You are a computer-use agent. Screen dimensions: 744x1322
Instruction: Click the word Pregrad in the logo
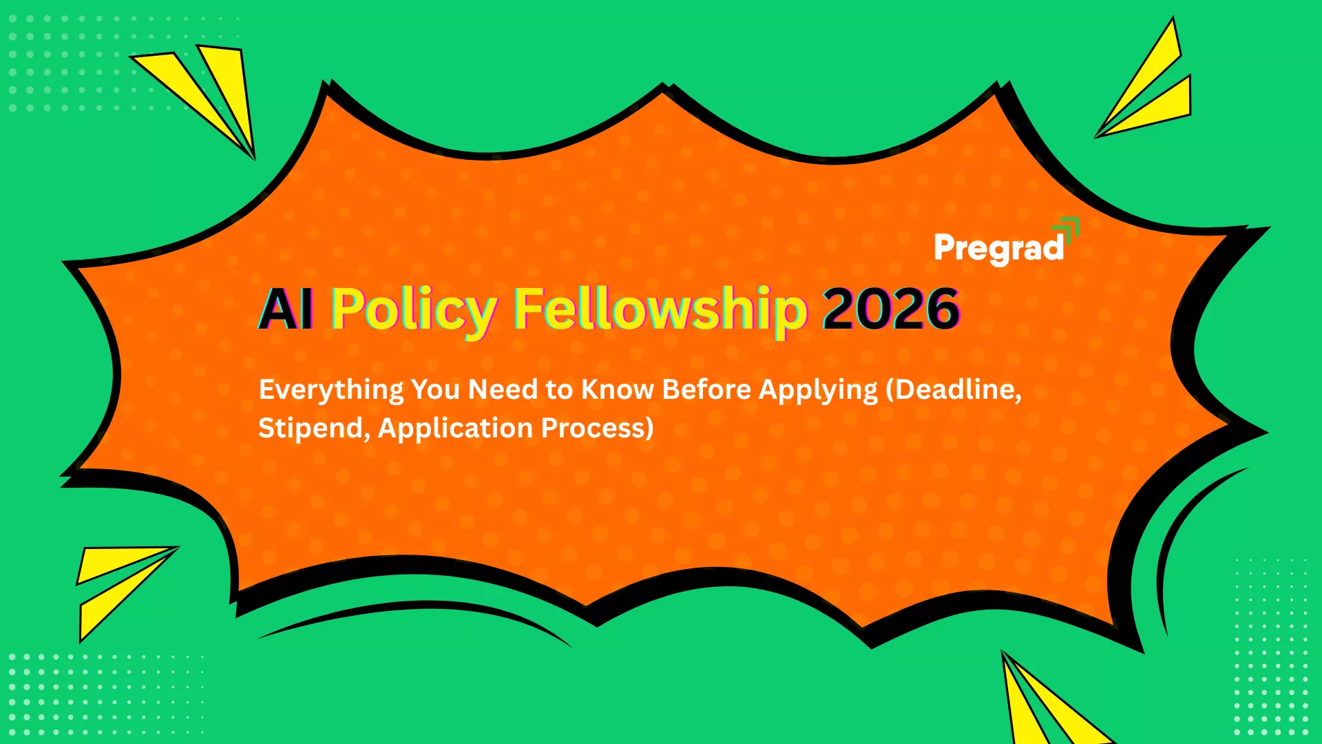[998, 249]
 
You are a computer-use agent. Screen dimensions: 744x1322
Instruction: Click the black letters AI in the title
[286, 309]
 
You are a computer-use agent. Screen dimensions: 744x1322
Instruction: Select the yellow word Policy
[414, 309]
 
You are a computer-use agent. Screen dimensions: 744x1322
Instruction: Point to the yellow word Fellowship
[660, 309]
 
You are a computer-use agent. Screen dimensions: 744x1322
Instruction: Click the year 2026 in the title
[891, 309]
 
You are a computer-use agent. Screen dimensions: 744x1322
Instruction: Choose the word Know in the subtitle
[617, 390]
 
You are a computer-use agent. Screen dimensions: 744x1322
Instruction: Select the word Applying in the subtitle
[818, 390]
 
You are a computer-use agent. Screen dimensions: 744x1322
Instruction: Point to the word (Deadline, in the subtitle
[954, 390]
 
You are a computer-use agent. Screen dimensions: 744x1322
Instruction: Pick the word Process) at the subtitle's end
[597, 428]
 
